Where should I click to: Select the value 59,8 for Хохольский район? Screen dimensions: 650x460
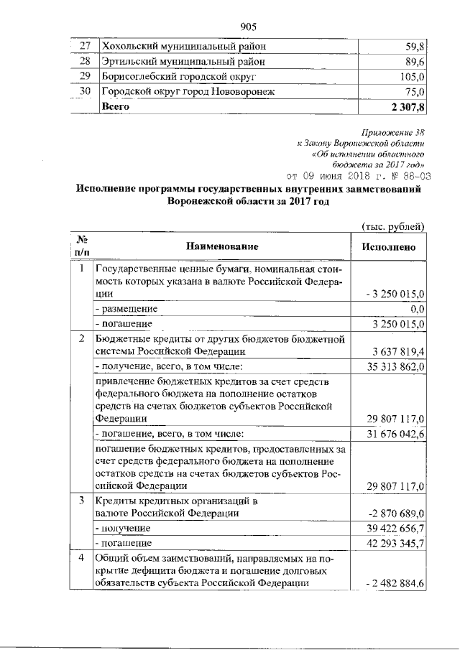coord(416,47)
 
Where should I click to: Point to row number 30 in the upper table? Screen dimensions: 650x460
coord(85,91)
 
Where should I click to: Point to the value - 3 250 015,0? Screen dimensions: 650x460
coord(396,294)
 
